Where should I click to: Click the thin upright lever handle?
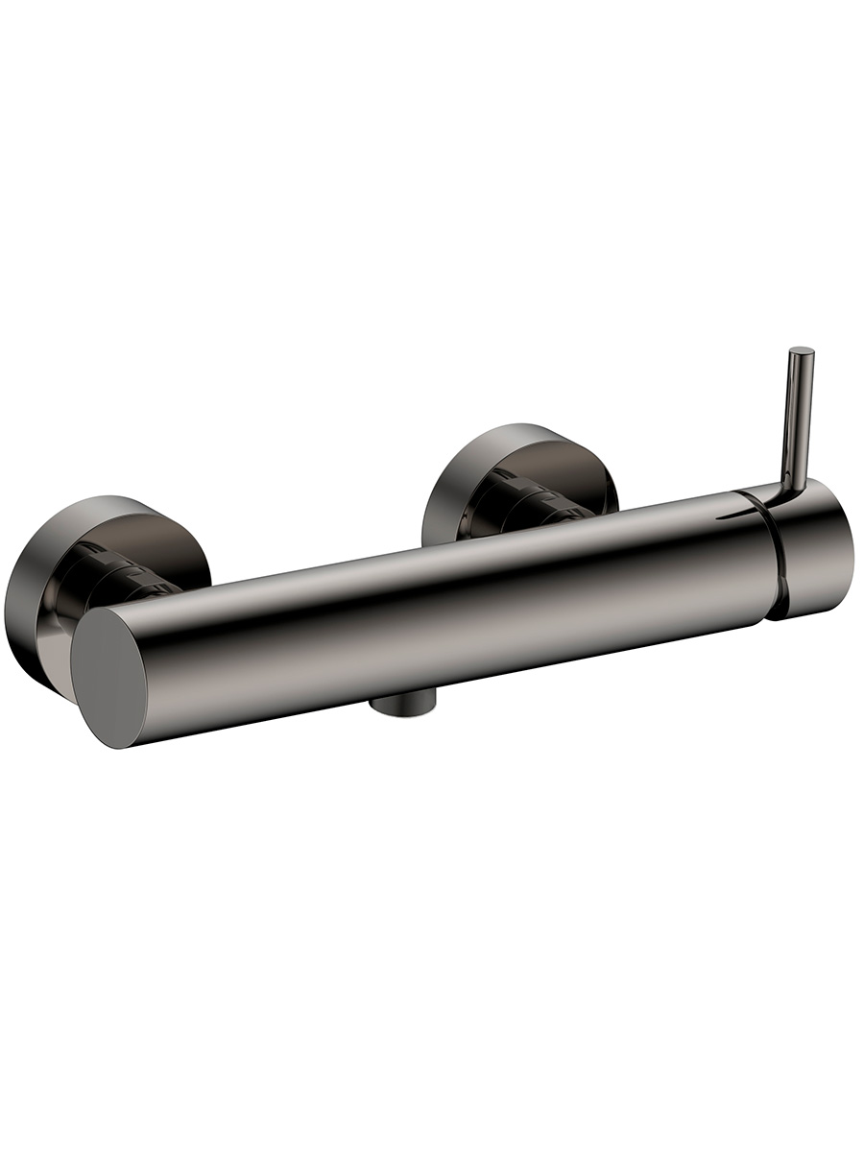[799, 413]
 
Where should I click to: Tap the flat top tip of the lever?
[802, 351]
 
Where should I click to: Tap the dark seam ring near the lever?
[775, 557]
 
